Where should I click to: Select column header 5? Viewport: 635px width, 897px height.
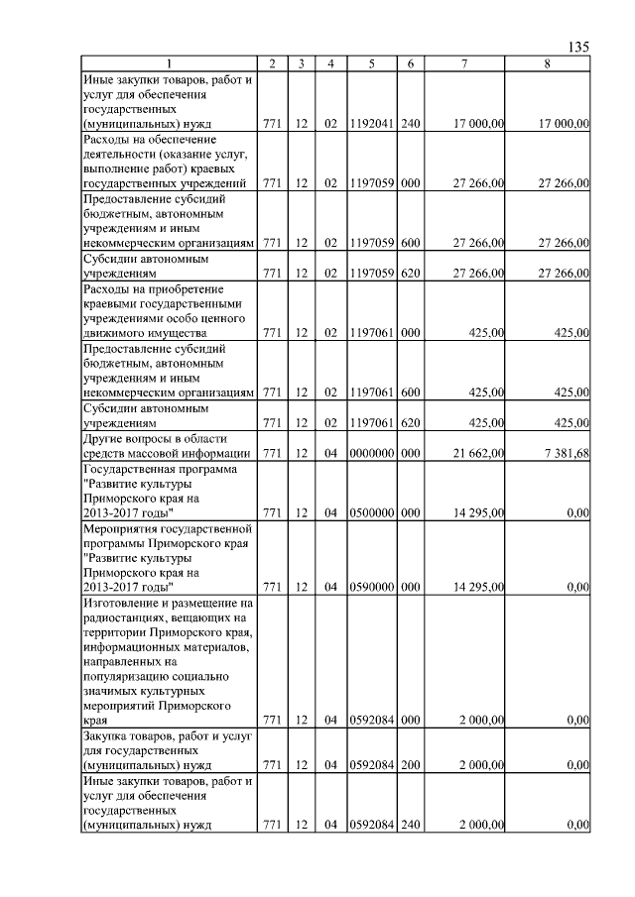pos(370,64)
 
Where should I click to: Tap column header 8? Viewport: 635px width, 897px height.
pos(548,64)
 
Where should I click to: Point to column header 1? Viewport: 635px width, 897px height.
pos(169,64)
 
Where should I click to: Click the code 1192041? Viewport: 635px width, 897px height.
pos(370,125)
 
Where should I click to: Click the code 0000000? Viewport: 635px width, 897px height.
pos(370,453)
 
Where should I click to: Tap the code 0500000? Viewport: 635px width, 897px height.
pos(370,513)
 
